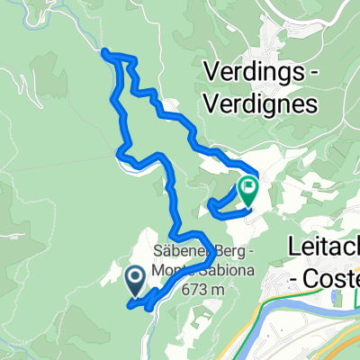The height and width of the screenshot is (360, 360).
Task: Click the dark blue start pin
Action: tap(136, 281)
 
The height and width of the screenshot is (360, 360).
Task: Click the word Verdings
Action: tap(250, 70)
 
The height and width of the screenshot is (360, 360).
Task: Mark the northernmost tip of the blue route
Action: tap(105, 51)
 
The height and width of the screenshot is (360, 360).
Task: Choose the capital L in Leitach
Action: tap(292, 246)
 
